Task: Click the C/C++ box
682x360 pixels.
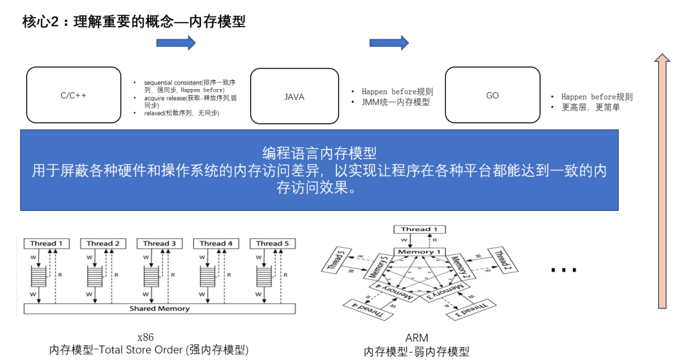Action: [x=73, y=96]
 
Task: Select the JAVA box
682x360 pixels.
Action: [x=294, y=97]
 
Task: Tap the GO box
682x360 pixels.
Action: [x=493, y=95]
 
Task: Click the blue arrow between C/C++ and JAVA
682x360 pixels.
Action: [x=176, y=43]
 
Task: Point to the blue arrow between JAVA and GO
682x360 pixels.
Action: [x=389, y=43]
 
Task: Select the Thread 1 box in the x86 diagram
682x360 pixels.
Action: [x=46, y=243]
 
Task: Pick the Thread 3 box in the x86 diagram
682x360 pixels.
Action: [x=159, y=243]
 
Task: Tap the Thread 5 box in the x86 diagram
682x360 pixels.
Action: [x=273, y=243]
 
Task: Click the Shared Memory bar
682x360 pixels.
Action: [x=159, y=309]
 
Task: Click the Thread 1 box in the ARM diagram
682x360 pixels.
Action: [x=419, y=229]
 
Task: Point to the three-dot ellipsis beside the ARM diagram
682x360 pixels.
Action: [x=563, y=270]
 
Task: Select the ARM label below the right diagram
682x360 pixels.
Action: [x=417, y=339]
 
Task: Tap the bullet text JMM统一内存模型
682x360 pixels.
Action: [x=396, y=102]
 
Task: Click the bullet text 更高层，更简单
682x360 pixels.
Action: [x=591, y=107]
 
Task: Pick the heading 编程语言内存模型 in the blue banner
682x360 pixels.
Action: [x=320, y=153]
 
